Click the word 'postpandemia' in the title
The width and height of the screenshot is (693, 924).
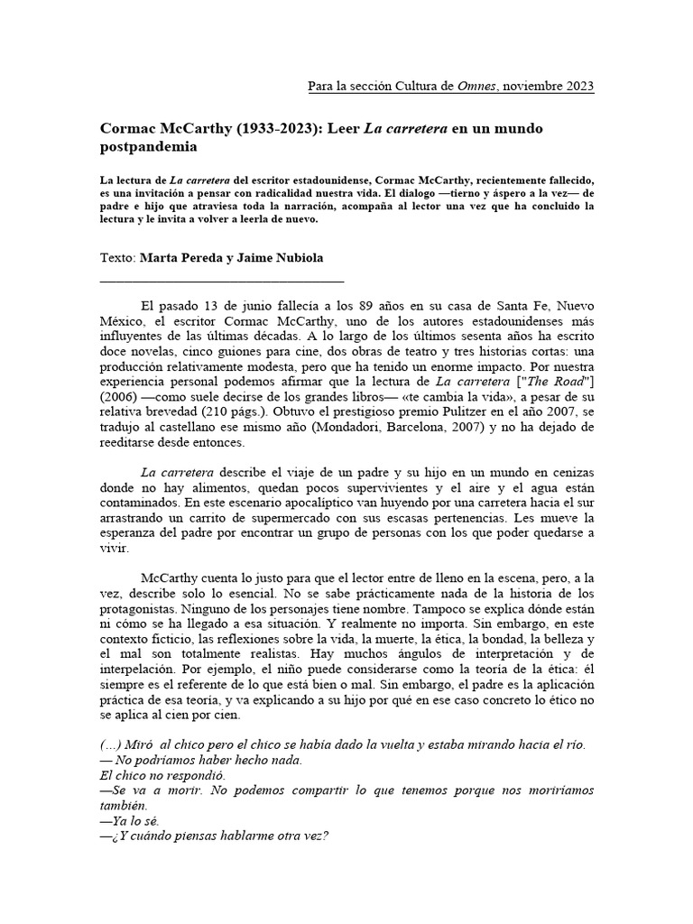[148, 145]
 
